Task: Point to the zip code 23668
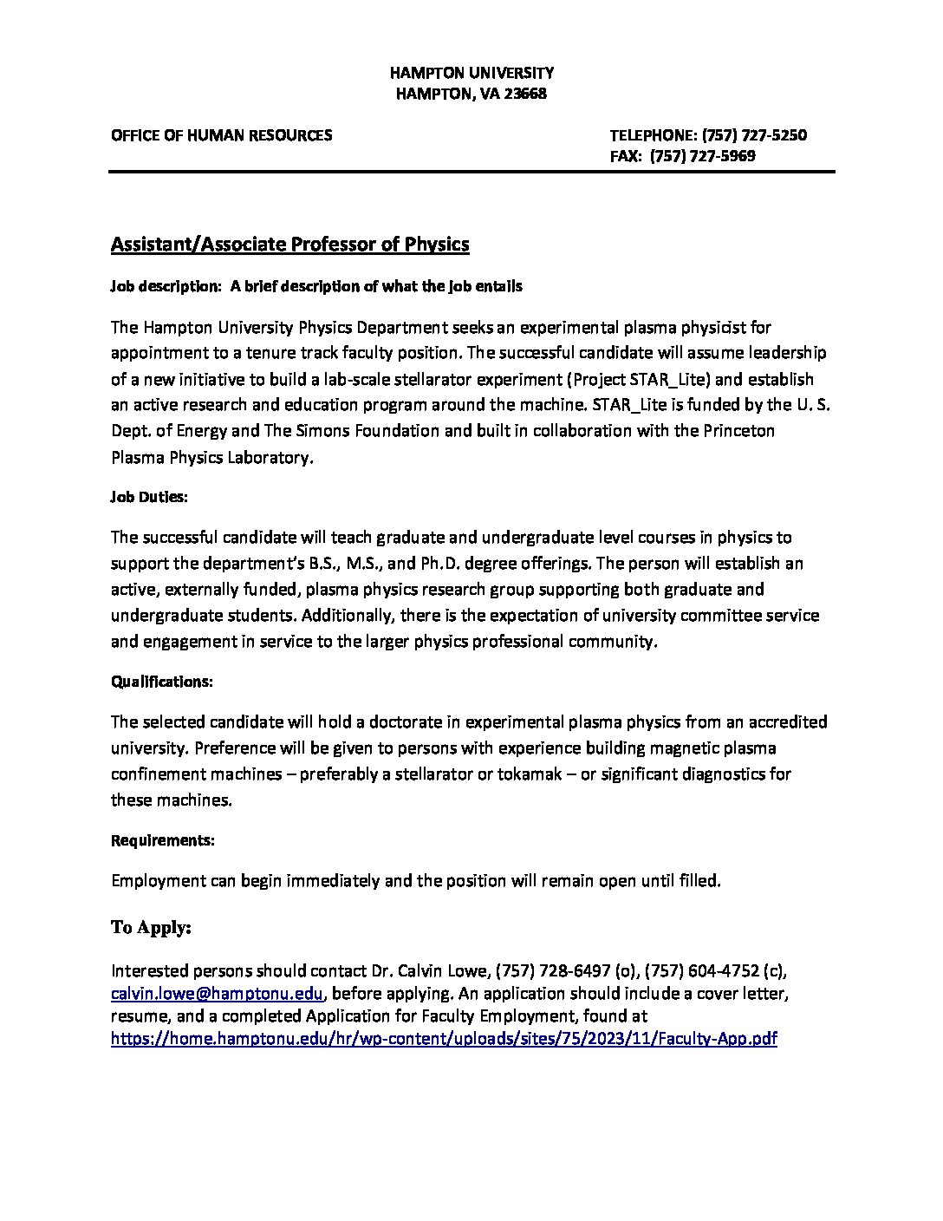(x=524, y=94)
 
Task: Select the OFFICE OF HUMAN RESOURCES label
(x=221, y=135)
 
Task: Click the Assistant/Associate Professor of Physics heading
(x=289, y=245)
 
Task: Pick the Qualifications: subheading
(x=162, y=682)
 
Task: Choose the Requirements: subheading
(x=163, y=840)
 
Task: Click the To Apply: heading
(x=151, y=928)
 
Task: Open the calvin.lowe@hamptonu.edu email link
(x=218, y=994)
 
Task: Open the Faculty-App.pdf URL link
(x=444, y=1039)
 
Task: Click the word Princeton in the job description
(x=736, y=431)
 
